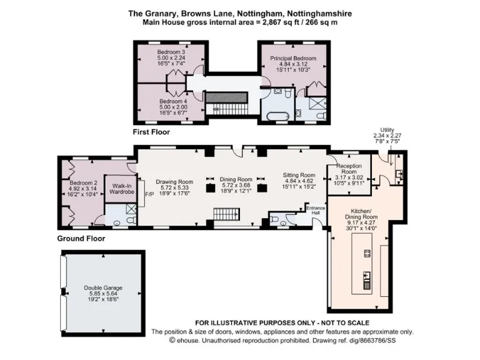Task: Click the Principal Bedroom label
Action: point(293,58)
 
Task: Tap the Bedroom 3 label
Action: point(171,51)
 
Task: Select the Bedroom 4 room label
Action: point(172,101)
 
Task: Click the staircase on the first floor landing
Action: point(227,97)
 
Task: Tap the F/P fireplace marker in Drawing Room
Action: point(149,194)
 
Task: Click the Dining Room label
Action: point(236,179)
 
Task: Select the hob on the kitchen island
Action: point(367,253)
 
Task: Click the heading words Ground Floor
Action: point(81,238)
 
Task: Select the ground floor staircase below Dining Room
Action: point(227,215)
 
